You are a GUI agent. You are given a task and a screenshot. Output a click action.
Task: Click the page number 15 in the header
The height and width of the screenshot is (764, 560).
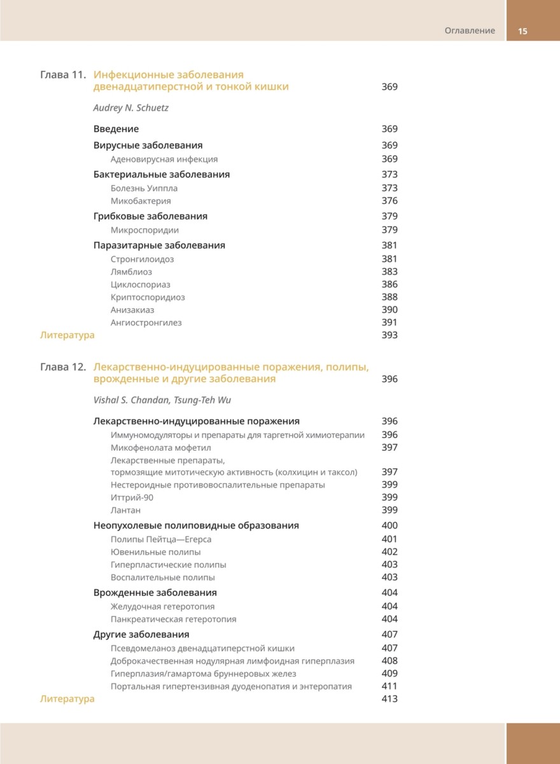tap(523, 31)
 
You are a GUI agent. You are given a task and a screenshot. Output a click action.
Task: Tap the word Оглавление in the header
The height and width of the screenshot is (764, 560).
tap(470, 31)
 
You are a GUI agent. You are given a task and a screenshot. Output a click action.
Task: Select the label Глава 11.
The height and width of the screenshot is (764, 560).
tap(62, 74)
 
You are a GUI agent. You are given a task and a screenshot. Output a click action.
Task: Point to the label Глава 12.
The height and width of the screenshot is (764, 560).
tap(62, 367)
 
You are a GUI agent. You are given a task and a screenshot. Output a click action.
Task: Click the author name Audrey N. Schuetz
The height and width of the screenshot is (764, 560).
tap(130, 108)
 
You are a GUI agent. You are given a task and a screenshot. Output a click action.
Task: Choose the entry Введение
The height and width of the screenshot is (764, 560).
tap(116, 129)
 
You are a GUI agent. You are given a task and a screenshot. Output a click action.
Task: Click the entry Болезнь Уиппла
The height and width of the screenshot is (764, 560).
tap(144, 188)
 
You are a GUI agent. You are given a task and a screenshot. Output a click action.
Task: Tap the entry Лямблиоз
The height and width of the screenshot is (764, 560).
tap(131, 272)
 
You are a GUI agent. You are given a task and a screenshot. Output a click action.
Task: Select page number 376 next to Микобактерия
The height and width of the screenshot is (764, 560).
tap(389, 201)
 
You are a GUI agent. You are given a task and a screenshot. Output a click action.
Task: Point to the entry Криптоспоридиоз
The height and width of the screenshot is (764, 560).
tap(148, 297)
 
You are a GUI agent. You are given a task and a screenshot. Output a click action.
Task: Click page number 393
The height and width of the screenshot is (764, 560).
tap(389, 335)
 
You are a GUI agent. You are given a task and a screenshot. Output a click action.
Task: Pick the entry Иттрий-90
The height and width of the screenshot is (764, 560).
tap(132, 497)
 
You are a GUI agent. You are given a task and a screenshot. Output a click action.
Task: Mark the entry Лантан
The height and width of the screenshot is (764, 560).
tap(125, 510)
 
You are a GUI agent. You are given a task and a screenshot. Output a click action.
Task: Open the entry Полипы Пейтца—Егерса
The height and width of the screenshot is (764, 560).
tap(161, 539)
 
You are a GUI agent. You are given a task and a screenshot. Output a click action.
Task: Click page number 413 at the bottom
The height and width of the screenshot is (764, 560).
tap(389, 698)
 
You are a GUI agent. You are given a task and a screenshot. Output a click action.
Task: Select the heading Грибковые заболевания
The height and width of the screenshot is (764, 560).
tap(150, 216)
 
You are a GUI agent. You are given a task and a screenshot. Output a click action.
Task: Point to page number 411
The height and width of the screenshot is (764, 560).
tap(389, 686)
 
